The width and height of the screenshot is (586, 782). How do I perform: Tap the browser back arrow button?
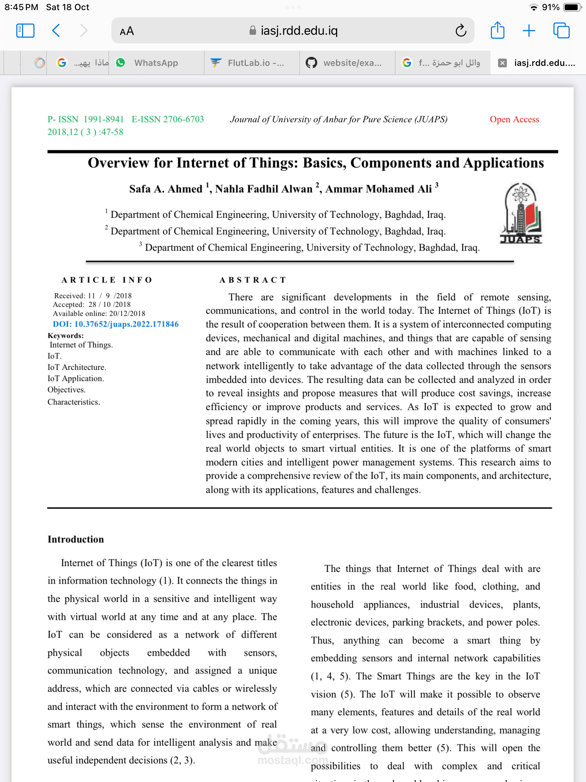point(56,31)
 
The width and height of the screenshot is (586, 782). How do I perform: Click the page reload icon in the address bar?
point(460,31)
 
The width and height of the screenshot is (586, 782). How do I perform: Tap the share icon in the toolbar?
point(497,30)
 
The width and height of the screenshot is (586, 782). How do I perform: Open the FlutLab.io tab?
point(255,63)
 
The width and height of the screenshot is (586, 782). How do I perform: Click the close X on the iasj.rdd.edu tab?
point(502,63)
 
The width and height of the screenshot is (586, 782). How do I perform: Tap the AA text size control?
point(127,31)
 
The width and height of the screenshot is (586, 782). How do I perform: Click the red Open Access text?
point(514,119)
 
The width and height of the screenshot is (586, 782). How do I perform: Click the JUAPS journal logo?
point(521,213)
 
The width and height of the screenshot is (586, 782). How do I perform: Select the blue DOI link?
point(116,324)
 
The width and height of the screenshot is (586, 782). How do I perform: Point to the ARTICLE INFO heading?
point(107,280)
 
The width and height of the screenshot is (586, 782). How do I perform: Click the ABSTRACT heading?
point(253,280)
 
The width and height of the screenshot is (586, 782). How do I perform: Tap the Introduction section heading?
point(76,539)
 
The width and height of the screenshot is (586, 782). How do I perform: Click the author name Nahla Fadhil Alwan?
point(264,189)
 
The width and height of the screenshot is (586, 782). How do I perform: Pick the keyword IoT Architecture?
point(77,367)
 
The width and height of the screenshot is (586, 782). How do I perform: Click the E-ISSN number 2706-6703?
point(183,119)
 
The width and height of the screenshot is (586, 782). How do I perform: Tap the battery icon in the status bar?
point(572,7)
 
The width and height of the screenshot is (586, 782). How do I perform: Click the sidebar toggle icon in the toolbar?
point(25,31)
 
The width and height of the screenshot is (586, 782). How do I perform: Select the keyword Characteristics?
point(74,402)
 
